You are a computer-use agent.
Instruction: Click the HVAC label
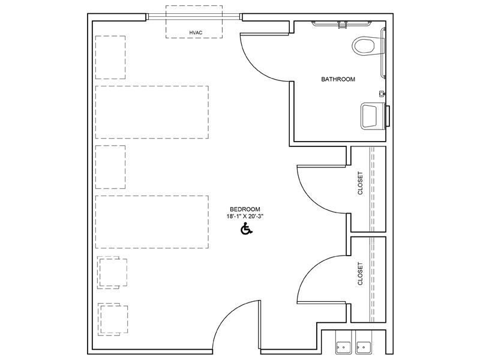pos(196,33)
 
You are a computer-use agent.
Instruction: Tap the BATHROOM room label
pos(338,79)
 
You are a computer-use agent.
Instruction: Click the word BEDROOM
pos(245,209)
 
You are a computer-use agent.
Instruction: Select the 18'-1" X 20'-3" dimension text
pos(245,217)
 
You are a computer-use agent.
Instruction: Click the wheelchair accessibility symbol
pos(246,229)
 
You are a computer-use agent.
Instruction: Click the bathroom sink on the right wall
pos(374,116)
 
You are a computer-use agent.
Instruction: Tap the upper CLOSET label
pos(361,183)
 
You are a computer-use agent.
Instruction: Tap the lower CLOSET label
pos(361,274)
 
